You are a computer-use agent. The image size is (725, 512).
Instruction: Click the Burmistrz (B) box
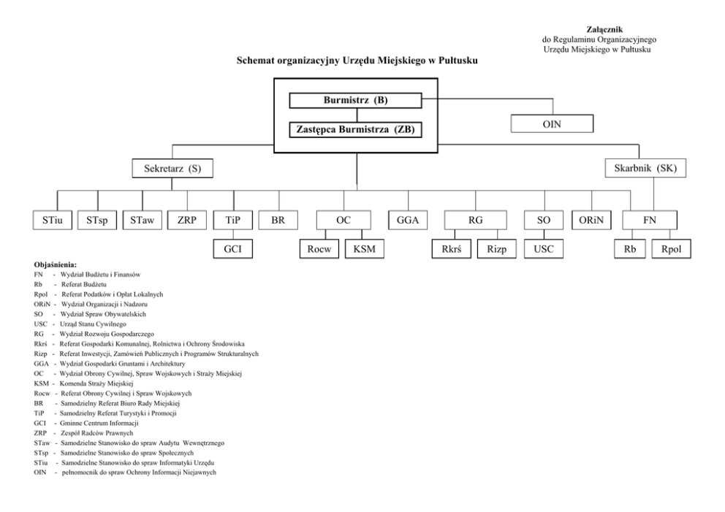tap(355, 100)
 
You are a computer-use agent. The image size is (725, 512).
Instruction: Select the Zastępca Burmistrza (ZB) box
tap(355, 129)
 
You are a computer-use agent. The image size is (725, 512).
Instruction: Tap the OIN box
tap(552, 124)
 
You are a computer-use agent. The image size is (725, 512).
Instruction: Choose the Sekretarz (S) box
tap(172, 168)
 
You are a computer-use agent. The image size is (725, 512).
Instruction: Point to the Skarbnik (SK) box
tap(645, 168)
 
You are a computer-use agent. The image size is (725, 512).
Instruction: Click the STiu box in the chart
tap(52, 221)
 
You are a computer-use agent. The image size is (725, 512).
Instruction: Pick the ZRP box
tap(187, 221)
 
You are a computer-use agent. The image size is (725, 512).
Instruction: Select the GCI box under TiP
tap(232, 249)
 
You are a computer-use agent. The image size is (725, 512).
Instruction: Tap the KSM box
tap(365, 249)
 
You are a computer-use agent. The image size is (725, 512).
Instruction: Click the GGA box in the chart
tap(408, 221)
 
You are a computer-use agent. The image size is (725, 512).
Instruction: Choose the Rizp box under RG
tap(496, 249)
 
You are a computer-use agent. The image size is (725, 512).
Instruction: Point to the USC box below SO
tap(544, 249)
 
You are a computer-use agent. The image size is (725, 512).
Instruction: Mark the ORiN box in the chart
tap(591, 221)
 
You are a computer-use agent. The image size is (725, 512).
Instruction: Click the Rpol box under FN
tap(672, 249)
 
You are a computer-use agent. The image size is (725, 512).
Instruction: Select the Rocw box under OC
tap(319, 249)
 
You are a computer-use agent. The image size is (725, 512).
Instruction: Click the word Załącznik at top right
tap(605, 29)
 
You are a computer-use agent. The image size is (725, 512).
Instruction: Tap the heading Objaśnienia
tap(56, 265)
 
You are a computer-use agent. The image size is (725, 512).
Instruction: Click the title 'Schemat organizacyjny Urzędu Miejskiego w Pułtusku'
tap(357, 61)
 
